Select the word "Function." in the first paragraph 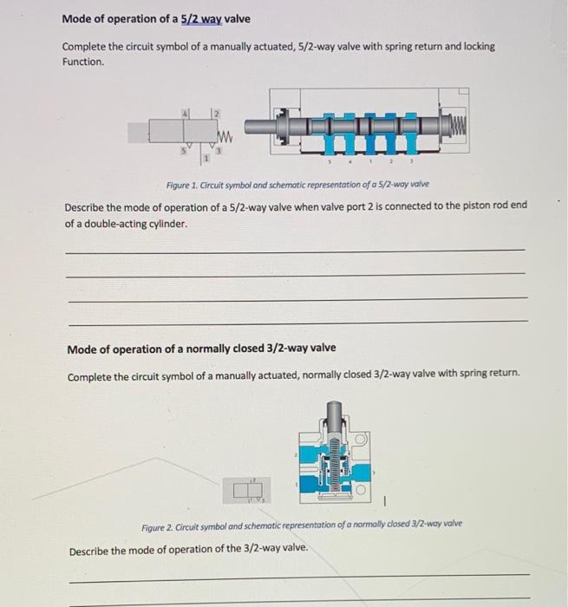pyautogui.click(x=83, y=62)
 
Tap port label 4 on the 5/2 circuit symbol pyautogui.click(x=185, y=113)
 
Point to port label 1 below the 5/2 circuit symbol pyautogui.click(x=206, y=159)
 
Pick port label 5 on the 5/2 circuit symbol pyautogui.click(x=183, y=149)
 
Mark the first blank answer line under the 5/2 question pyautogui.click(x=295, y=250)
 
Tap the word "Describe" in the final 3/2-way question pyautogui.click(x=89, y=551)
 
